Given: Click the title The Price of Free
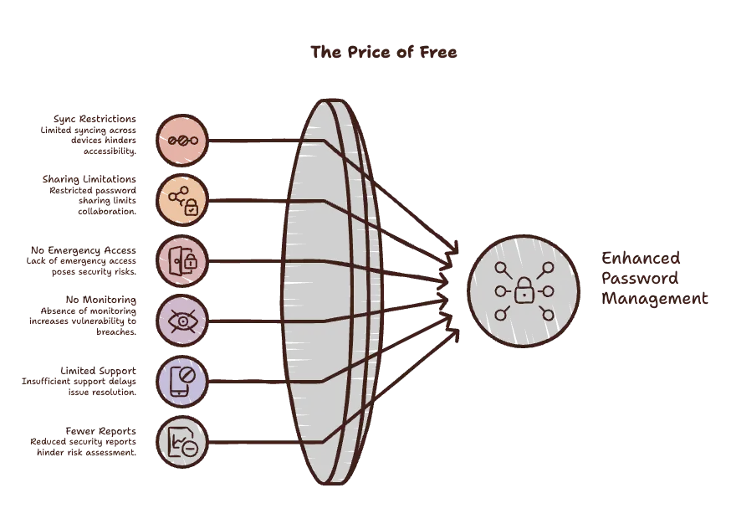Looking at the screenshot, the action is (384, 52).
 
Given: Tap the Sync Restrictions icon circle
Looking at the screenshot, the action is (182, 140).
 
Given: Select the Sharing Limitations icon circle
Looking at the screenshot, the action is (182, 200).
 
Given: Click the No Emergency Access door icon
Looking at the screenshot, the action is (182, 261).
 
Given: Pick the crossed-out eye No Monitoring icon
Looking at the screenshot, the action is (182, 321).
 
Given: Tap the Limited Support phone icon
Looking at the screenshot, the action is (182, 381).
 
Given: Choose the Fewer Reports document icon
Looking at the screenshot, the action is (182, 442).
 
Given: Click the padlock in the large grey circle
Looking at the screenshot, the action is (524, 290).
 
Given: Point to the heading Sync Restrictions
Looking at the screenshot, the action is (95, 119).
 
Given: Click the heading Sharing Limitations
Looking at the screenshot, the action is (89, 179).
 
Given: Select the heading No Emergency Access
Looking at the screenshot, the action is (84, 250).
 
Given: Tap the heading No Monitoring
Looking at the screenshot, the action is (100, 300).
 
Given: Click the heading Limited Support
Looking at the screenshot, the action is (99, 371).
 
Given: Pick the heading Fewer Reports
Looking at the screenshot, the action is (100, 431).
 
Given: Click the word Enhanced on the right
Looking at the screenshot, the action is (641, 258).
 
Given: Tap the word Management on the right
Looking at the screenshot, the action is (655, 299).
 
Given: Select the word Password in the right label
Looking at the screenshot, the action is (640, 278).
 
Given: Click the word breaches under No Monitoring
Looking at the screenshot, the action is (116, 331).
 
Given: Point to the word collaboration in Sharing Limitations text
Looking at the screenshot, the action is (107, 212).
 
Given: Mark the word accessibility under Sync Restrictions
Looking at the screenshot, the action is (110, 152).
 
